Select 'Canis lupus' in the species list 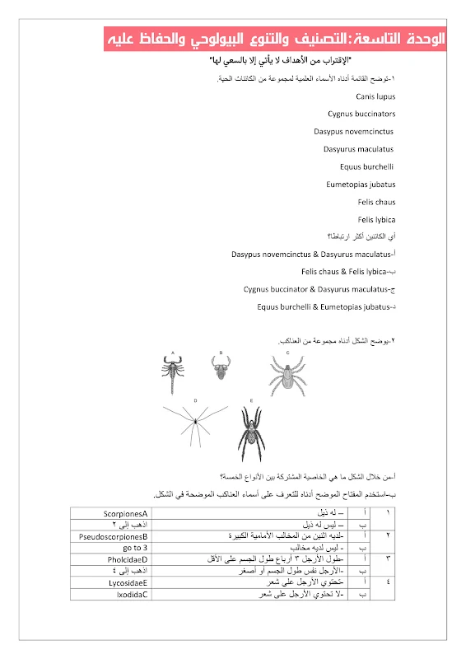(377, 96)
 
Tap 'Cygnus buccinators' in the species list (361, 114)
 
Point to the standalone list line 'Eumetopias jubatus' (361, 185)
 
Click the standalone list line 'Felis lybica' (377, 219)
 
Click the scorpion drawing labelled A (175, 375)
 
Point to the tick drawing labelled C (287, 376)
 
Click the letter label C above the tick (287, 353)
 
